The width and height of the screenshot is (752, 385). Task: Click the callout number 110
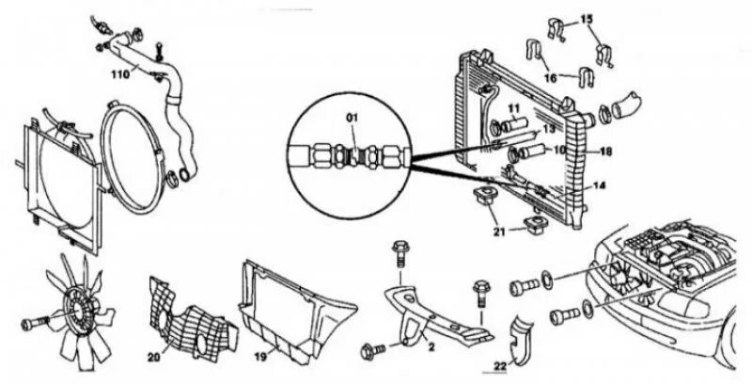(120, 72)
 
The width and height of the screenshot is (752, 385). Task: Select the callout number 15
(587, 18)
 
